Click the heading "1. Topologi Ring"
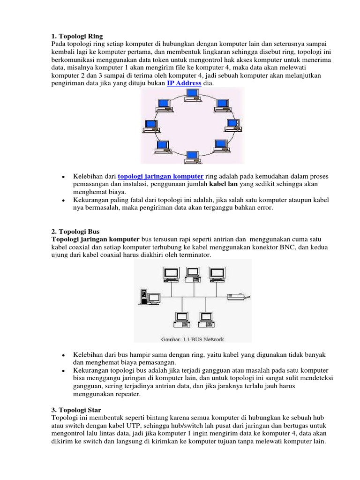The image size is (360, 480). point(76,36)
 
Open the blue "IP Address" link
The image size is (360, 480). point(184,83)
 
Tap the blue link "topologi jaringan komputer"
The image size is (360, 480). point(160,176)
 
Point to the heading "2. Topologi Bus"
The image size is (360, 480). point(75,232)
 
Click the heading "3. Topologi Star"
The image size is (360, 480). point(75,410)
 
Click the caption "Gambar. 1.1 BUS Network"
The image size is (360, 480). point(193,339)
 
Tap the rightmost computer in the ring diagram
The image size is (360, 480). point(233,125)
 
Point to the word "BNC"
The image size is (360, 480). point(286,247)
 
